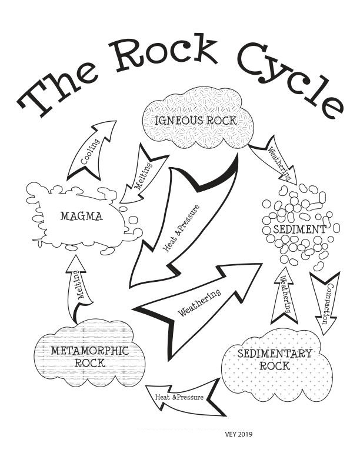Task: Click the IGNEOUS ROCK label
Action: click(x=196, y=121)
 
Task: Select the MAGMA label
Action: click(x=81, y=216)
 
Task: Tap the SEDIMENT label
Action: click(x=299, y=229)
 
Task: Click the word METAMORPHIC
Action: click(x=90, y=351)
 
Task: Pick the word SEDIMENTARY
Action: click(x=275, y=354)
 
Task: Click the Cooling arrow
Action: click(x=91, y=151)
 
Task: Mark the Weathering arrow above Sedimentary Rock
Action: click(x=284, y=295)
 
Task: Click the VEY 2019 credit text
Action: click(x=239, y=434)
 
